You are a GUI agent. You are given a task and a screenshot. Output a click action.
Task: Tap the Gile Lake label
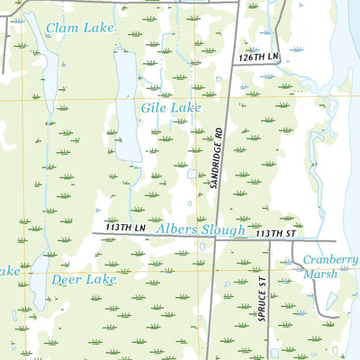(170, 108)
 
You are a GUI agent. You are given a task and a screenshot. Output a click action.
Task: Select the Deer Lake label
(84, 280)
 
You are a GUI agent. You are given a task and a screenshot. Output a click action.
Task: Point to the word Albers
(175, 230)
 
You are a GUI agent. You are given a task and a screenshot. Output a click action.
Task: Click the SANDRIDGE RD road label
(215, 158)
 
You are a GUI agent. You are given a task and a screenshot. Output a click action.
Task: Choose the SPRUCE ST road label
(262, 301)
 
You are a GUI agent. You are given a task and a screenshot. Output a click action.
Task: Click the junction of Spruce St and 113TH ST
(269, 240)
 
